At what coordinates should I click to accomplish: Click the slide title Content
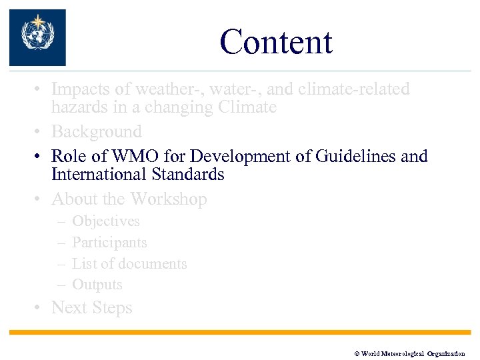(x=275, y=42)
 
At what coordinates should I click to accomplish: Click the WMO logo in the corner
(x=37, y=37)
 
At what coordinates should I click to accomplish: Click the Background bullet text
(x=97, y=132)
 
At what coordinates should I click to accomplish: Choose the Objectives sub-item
(x=105, y=221)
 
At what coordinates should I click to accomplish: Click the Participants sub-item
(x=109, y=243)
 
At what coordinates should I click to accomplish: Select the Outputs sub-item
(x=97, y=285)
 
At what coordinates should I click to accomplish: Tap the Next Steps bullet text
(x=92, y=308)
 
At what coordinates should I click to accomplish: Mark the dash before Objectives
(x=61, y=221)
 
